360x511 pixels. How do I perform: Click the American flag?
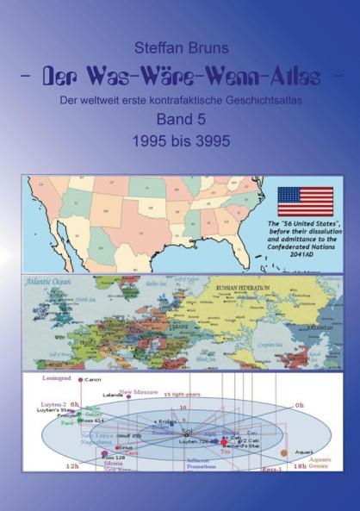click(x=305, y=201)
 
